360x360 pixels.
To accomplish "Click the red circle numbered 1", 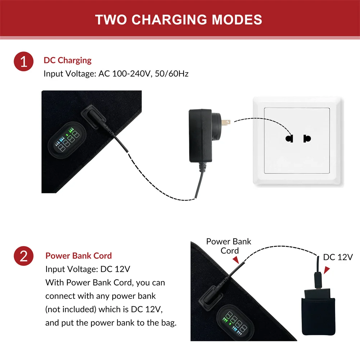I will pyautogui.click(x=24, y=62).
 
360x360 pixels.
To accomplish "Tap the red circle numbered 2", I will pyautogui.click(x=24, y=257).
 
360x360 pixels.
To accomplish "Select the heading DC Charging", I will pyautogui.click(x=68, y=60).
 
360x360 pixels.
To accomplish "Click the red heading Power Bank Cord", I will pyautogui.click(x=78, y=256).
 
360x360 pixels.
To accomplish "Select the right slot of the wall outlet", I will pyautogui.click(x=307, y=138).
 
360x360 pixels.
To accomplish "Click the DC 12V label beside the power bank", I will pyautogui.click(x=338, y=257).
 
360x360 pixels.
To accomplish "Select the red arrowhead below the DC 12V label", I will pyautogui.click(x=327, y=270).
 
